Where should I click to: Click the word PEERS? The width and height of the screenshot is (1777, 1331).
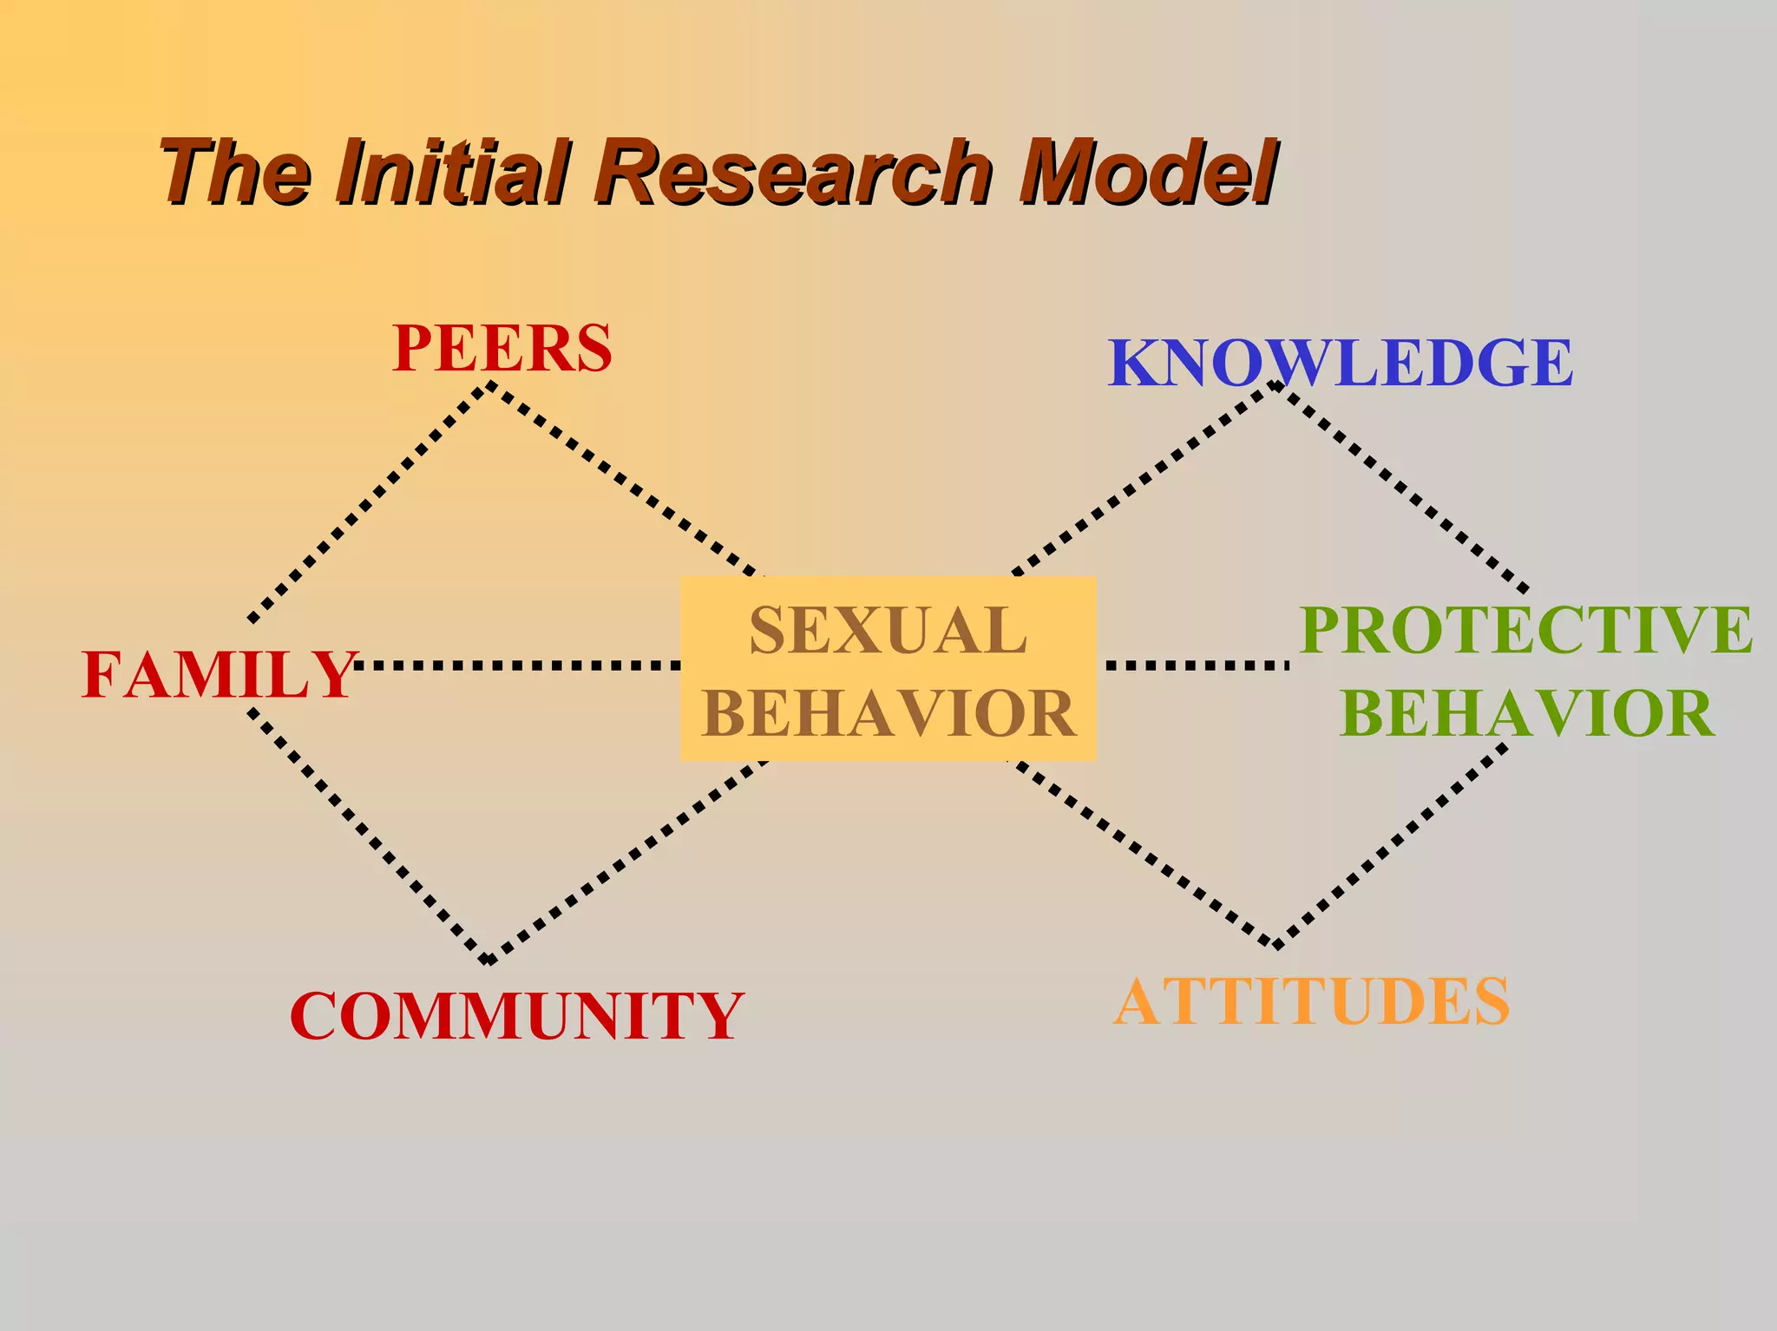pyautogui.click(x=502, y=349)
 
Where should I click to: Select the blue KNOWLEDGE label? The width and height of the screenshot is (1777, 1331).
pyautogui.click(x=1341, y=363)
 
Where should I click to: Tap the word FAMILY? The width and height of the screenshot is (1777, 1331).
pyautogui.click(x=219, y=675)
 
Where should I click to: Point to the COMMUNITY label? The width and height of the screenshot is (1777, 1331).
pyautogui.click(x=516, y=1016)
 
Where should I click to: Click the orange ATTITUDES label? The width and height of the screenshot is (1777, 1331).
pyautogui.click(x=1312, y=1002)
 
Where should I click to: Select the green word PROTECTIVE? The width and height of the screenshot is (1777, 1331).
pyautogui.click(x=1525, y=630)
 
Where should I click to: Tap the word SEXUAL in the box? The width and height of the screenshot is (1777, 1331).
pyautogui.click(x=888, y=631)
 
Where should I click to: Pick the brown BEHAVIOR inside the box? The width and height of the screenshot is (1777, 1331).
pyautogui.click(x=888, y=713)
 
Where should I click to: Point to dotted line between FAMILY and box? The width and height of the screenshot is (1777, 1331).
pyautogui.click(x=517, y=665)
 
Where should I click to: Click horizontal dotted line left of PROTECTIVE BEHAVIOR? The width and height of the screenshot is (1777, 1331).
pyautogui.click(x=1197, y=665)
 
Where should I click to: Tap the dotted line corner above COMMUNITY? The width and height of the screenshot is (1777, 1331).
pyautogui.click(x=489, y=960)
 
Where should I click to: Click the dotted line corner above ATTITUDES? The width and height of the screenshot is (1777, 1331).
pyautogui.click(x=1275, y=945)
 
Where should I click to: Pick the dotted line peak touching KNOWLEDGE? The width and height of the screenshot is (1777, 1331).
pyautogui.click(x=1274, y=384)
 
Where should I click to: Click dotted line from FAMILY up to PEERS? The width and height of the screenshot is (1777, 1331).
pyautogui.click(x=369, y=503)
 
